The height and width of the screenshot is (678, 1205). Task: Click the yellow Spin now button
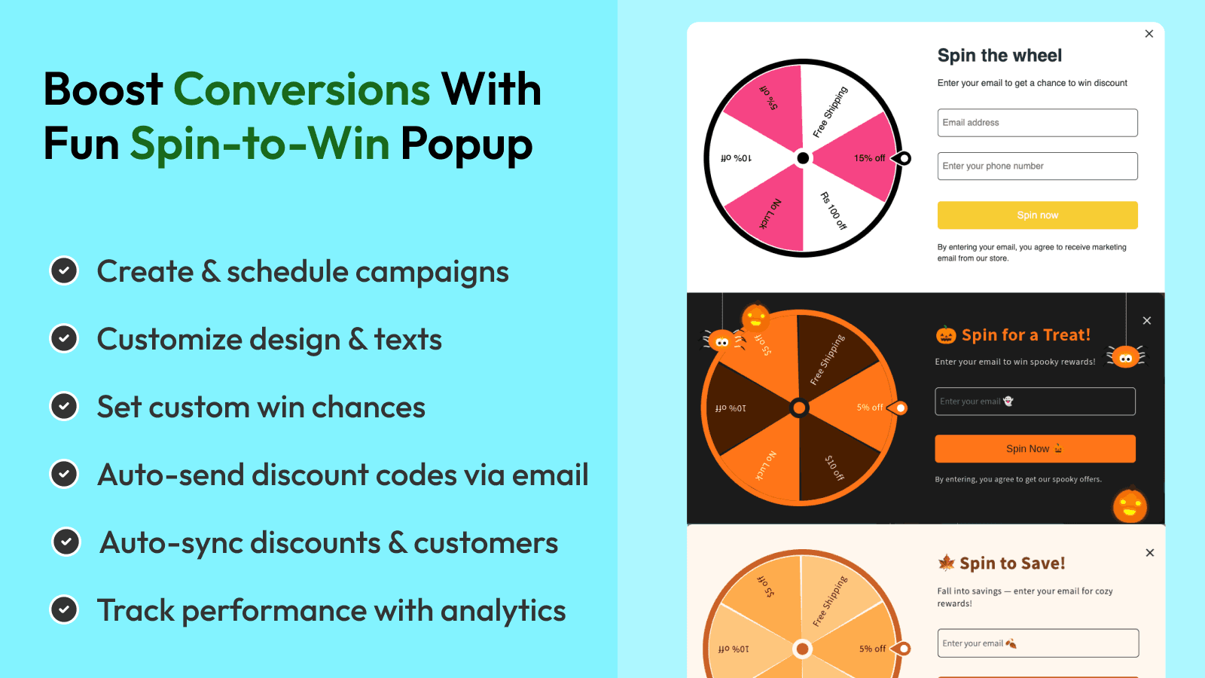(x=1037, y=215)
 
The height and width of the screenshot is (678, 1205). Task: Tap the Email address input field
(x=1037, y=123)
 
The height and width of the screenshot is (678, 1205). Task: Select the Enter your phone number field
(x=1037, y=166)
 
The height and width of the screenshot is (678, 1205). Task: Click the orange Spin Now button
(x=1035, y=449)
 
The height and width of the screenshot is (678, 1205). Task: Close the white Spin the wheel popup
(x=1149, y=34)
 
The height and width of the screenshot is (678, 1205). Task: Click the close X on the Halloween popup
(x=1146, y=321)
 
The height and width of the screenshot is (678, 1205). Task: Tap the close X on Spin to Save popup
(x=1149, y=553)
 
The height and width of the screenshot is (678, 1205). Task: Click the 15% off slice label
(x=869, y=158)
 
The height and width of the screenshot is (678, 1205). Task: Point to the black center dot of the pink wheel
(x=803, y=158)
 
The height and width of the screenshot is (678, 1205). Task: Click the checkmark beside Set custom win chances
(x=64, y=407)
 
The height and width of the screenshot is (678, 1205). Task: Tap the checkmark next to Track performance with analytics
(x=64, y=610)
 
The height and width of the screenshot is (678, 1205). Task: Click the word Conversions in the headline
(x=301, y=90)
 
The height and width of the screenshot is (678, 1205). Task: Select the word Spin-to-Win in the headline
(x=260, y=144)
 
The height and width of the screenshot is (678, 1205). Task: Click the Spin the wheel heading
(x=999, y=56)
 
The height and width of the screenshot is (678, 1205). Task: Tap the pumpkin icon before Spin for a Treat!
(x=946, y=335)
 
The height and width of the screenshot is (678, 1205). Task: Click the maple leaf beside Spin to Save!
(x=946, y=563)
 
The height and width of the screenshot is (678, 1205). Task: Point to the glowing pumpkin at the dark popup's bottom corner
(x=1130, y=505)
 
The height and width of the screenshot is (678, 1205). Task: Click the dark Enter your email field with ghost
(x=1035, y=402)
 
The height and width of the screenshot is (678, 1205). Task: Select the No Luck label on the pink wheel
(x=770, y=214)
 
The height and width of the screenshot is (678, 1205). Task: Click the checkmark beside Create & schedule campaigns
(x=64, y=271)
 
